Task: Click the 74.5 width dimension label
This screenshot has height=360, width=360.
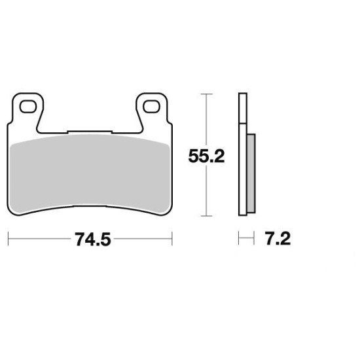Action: point(93,240)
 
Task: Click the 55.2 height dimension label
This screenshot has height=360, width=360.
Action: point(206,156)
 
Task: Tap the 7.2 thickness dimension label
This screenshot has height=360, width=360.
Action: point(278,238)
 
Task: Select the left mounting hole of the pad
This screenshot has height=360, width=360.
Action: point(28,107)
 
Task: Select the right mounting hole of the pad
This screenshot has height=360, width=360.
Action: point(151,107)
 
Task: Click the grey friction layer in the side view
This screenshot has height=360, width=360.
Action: point(251,173)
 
